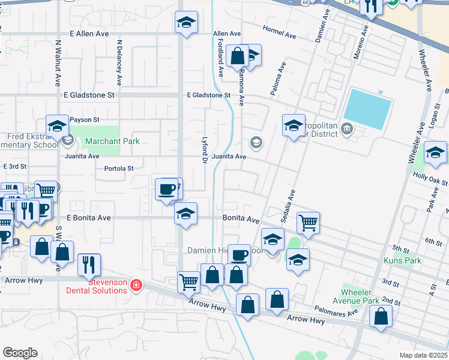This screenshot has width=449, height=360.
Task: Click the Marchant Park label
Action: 112,141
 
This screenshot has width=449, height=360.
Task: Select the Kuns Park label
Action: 403,260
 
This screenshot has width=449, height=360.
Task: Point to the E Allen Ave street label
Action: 89,34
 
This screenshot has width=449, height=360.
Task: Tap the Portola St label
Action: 118,169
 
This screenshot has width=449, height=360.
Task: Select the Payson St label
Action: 84,120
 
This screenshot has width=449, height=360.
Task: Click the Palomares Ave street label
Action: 336,310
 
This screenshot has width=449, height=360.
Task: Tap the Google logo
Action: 20,353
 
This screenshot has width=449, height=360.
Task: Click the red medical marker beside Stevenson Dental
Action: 136,284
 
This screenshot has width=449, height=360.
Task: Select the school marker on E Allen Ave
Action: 187,23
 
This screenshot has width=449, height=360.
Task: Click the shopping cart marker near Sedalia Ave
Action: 308,222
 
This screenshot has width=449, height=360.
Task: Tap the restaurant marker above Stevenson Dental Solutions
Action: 89,263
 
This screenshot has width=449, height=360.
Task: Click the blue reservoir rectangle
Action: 367,109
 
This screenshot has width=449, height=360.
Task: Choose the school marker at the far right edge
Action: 435,152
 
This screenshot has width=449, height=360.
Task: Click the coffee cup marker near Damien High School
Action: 240,254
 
